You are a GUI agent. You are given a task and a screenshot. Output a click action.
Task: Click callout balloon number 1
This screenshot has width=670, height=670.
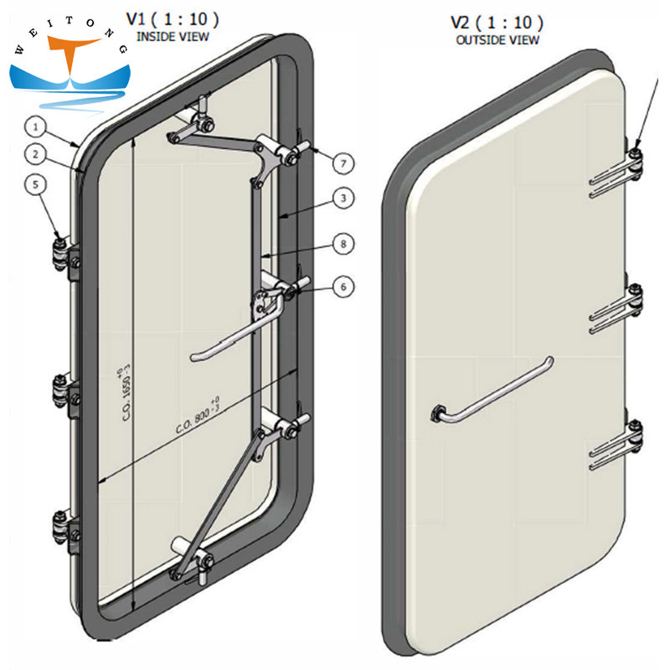pos(34,127)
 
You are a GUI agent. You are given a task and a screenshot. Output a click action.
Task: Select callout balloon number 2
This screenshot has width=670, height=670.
pos(34,153)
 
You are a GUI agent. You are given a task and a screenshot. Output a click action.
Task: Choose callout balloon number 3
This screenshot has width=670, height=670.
pos(342,198)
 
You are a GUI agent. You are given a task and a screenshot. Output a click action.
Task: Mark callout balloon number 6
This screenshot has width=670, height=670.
pos(342,286)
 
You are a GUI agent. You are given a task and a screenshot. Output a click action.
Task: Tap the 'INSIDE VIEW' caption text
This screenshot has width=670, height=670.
pos(173,37)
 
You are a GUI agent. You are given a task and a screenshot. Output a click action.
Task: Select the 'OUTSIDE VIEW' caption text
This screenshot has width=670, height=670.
pos(497,39)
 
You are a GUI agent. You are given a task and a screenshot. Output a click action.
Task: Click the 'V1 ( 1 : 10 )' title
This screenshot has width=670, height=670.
pos(173,19)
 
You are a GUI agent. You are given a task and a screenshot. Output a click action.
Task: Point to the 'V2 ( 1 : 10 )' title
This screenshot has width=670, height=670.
pos(497,23)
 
